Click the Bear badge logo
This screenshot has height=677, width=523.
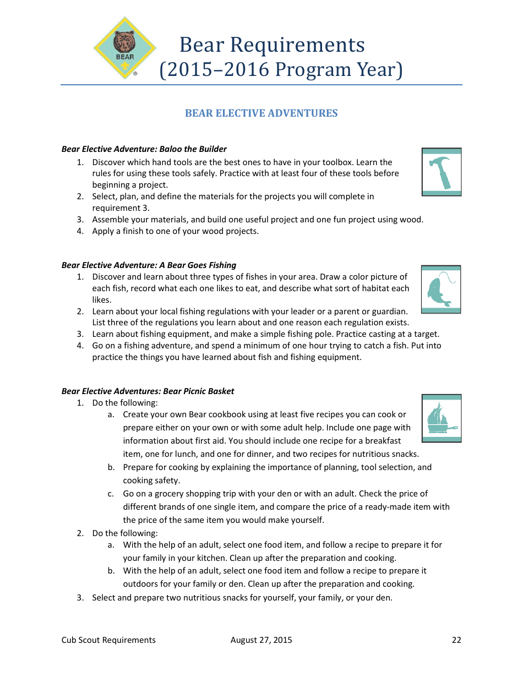point(125,48)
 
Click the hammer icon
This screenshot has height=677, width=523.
point(442,172)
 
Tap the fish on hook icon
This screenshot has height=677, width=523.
point(441,290)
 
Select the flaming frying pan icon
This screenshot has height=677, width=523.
point(442,418)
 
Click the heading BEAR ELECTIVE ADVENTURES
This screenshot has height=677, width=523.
point(261,113)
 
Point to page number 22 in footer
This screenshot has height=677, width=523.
point(456,640)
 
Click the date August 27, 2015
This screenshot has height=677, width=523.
point(261,640)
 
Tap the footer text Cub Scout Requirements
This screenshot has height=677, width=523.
point(108,640)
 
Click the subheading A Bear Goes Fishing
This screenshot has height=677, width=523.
point(197,265)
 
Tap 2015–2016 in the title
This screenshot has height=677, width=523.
point(216,70)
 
